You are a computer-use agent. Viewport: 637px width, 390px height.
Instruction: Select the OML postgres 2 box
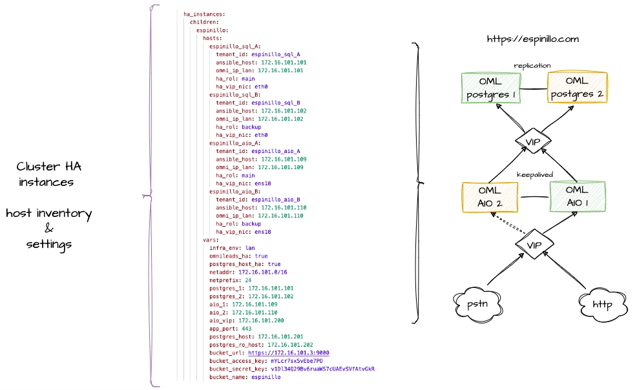[577, 89]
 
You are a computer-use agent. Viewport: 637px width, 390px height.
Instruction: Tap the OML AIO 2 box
[490, 197]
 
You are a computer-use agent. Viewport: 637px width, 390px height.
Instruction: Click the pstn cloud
[477, 303]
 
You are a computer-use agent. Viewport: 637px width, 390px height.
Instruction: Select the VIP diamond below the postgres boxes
[533, 141]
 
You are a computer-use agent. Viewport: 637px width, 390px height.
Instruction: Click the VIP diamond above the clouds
[533, 245]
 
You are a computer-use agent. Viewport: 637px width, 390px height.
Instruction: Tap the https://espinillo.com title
[532, 39]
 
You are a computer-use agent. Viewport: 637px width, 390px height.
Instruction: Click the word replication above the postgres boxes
[532, 66]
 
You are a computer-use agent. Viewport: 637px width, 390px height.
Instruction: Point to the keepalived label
[535, 174]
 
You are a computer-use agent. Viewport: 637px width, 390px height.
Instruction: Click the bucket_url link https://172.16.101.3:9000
[289, 353]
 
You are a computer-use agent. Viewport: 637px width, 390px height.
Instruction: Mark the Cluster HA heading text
[49, 167]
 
